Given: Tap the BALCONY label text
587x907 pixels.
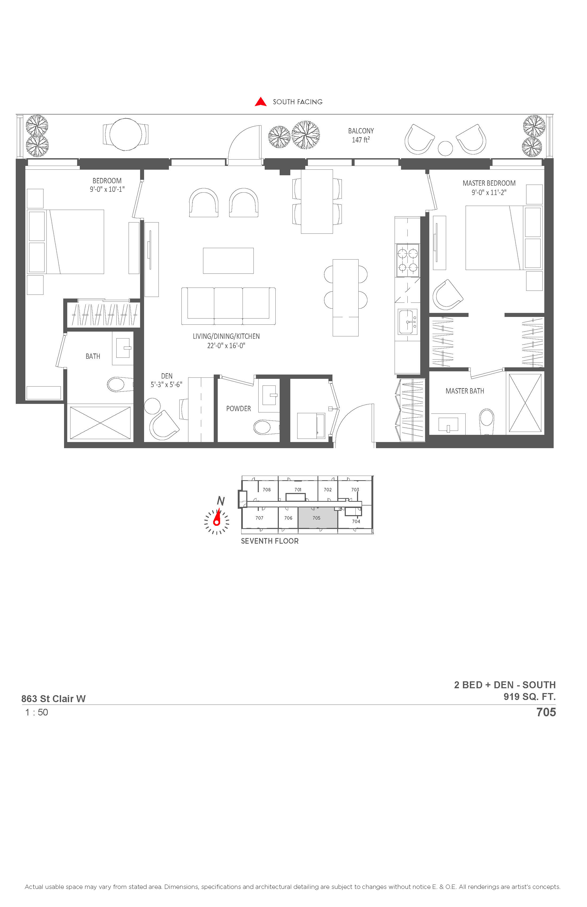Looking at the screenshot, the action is coord(361,131).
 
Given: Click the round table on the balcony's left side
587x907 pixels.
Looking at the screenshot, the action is coord(125,134).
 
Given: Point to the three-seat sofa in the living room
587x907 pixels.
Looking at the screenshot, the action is coord(228,306).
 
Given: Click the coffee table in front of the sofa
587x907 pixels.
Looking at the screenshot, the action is coord(228,261).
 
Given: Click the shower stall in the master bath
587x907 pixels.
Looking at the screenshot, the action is coord(525,403).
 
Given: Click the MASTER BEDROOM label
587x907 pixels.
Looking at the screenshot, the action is coord(489,183).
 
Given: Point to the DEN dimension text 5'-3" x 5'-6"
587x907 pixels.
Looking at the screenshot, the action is coord(166,385).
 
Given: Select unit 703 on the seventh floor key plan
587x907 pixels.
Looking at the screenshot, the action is coord(355,490).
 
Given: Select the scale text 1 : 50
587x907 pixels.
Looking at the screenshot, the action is coord(37,712).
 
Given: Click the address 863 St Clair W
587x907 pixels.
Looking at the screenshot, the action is coord(53,699).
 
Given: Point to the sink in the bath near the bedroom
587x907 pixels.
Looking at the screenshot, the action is coord(123,348).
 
